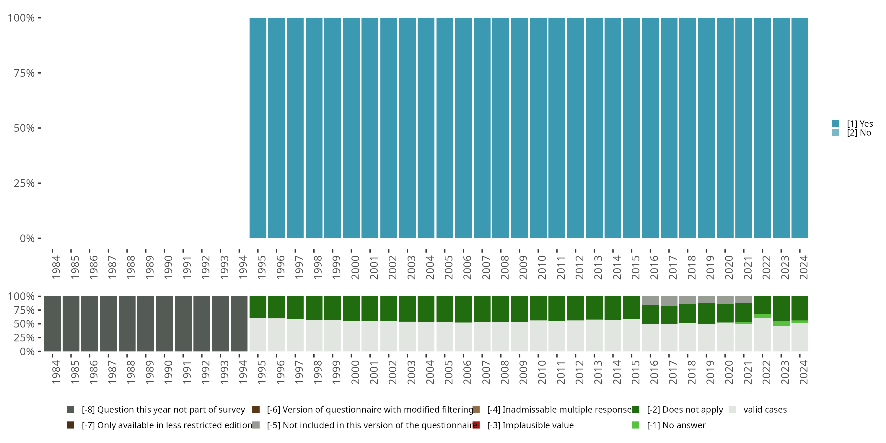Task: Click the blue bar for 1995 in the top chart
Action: (258, 128)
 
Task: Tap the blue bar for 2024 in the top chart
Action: (800, 128)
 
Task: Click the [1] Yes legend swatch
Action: (836, 123)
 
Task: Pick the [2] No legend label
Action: (859, 133)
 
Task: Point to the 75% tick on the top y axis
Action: (39, 73)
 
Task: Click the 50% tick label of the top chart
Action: (24, 128)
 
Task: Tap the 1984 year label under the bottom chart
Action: (56, 372)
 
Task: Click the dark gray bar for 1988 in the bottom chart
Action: (127, 324)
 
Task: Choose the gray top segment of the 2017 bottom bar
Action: (669, 301)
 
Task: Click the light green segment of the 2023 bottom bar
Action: (781, 323)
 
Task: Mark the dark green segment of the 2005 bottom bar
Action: (445, 309)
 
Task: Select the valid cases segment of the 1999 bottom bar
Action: (333, 336)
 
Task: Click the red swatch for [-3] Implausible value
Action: (476, 425)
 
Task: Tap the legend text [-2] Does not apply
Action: (685, 410)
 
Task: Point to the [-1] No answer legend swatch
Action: (636, 425)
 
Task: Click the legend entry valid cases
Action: (765, 410)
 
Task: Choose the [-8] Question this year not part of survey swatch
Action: (71, 410)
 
